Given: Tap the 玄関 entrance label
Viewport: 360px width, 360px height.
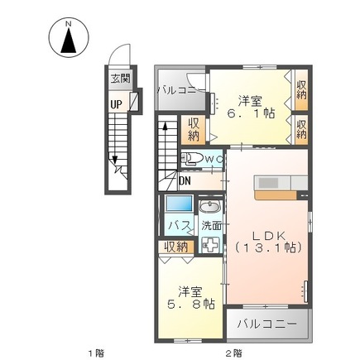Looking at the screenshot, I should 120,79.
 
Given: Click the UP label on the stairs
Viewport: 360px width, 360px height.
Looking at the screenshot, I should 118,105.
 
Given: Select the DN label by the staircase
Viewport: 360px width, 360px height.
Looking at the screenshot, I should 185,182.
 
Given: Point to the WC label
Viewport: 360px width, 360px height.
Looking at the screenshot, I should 214,160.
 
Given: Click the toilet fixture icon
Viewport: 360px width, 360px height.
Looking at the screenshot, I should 190,160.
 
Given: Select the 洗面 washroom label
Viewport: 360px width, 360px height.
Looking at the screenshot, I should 211,224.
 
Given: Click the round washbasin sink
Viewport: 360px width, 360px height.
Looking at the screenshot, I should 210,207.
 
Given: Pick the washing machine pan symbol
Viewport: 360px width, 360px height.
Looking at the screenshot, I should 210,244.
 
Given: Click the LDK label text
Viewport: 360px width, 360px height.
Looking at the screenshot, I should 268,234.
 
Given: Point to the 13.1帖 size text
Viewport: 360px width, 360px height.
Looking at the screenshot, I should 268,247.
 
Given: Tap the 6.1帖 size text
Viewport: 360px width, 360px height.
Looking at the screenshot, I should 252,113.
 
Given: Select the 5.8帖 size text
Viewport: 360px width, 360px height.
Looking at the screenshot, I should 191,304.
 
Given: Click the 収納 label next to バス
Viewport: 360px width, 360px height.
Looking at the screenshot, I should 175,246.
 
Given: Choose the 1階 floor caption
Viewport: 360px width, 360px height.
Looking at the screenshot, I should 98,353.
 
